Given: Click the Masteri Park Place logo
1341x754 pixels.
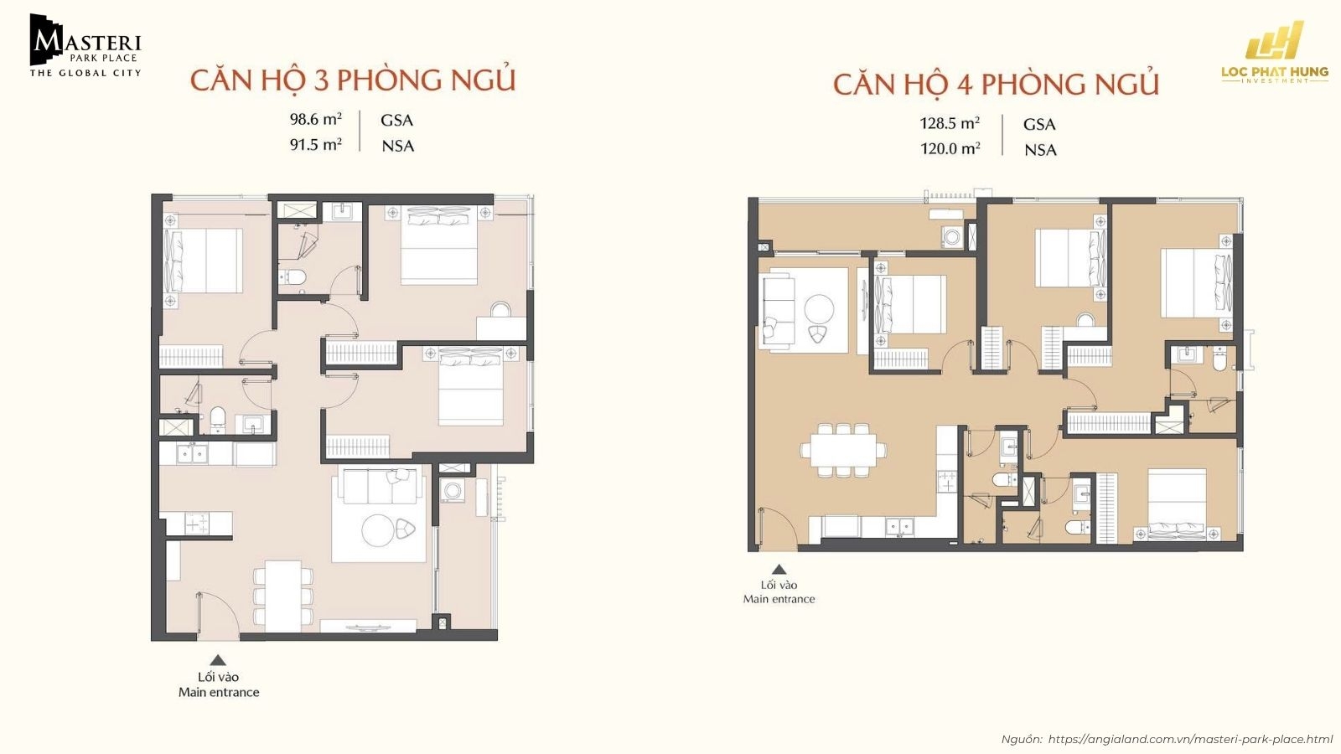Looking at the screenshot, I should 85,46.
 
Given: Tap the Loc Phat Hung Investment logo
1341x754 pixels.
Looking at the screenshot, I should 1274,54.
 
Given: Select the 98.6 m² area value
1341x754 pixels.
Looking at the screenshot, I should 315,119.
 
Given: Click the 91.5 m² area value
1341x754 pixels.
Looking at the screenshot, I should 315,145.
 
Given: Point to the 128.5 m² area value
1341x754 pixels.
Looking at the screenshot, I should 950,123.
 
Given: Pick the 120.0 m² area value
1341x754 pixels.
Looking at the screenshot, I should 950,149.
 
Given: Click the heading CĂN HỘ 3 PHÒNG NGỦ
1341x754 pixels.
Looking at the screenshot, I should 352,80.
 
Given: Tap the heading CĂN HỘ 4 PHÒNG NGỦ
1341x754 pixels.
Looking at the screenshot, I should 996,85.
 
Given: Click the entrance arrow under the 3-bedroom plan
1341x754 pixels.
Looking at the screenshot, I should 218,659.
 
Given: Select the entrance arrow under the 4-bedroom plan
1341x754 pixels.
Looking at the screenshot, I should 779,568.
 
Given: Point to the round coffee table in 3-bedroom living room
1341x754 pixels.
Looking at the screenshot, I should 377,530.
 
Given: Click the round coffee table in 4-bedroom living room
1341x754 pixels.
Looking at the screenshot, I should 819,308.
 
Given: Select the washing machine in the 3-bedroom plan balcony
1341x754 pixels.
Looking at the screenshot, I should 453,491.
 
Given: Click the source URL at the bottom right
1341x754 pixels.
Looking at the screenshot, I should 1190,739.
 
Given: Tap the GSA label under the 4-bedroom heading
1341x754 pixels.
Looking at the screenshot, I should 1039,124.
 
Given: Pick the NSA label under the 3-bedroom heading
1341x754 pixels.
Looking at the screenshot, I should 397,146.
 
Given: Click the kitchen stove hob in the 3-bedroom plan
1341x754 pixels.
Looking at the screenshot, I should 198,524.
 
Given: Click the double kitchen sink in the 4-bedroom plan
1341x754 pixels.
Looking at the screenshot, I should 900,527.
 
